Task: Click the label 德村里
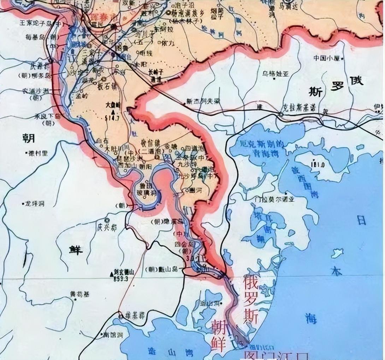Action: click(38, 153)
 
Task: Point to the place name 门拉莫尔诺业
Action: click(274, 199)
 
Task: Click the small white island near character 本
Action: click(337, 253)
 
